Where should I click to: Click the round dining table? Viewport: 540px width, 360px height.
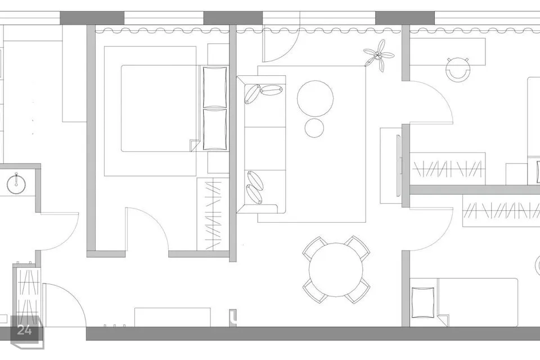click(x=336, y=270)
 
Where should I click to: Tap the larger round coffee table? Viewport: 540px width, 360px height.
click(x=315, y=98)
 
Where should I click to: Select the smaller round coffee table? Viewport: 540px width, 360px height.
click(x=314, y=128)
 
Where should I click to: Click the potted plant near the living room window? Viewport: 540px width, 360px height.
click(x=379, y=55)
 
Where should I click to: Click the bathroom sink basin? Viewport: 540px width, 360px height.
click(x=16, y=183)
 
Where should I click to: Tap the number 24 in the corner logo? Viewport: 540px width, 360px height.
click(x=24, y=330)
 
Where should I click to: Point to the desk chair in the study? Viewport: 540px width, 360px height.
click(x=457, y=69)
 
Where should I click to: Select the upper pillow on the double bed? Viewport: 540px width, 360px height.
click(x=215, y=87)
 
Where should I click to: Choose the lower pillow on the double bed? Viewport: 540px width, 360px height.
click(x=215, y=129)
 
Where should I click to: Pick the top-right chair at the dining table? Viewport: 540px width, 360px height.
click(x=358, y=247)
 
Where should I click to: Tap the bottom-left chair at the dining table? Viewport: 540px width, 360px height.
click(x=314, y=291)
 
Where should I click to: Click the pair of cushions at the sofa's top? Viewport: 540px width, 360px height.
click(x=263, y=93)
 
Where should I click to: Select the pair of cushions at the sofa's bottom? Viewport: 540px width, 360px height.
click(x=255, y=187)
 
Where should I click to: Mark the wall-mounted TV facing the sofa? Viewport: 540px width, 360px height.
click(x=399, y=165)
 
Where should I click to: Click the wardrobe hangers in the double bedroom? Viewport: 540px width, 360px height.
click(x=213, y=214)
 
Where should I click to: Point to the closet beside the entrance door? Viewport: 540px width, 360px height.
click(x=27, y=293)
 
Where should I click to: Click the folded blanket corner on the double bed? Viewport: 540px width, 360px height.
click(x=195, y=145)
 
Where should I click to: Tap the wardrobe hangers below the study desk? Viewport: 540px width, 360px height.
click(x=447, y=169)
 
